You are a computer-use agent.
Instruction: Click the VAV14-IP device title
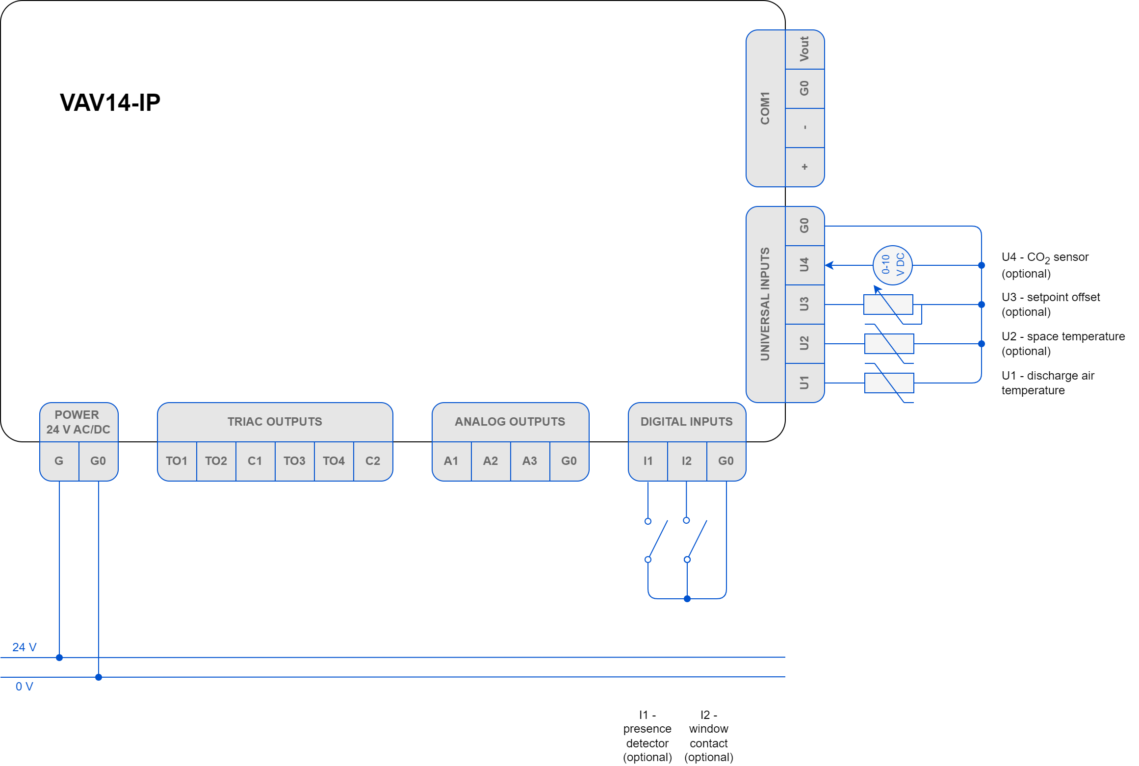click(110, 102)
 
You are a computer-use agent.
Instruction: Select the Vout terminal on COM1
click(804, 49)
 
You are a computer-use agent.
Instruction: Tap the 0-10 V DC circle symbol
click(892, 265)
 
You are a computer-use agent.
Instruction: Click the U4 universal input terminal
click(804, 265)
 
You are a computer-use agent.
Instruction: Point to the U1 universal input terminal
click(804, 383)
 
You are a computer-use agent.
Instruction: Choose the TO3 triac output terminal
click(294, 461)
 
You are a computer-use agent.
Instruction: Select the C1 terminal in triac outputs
click(255, 461)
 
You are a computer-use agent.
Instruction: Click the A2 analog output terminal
click(490, 461)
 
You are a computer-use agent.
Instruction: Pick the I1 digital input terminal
click(648, 461)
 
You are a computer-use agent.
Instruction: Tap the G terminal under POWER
click(59, 461)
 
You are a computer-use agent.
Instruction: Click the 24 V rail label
click(25, 647)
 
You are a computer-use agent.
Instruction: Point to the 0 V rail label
click(25, 687)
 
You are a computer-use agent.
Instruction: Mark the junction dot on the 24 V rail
click(59, 658)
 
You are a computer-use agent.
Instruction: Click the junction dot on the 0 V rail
click(99, 677)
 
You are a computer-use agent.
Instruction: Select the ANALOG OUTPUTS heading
click(510, 422)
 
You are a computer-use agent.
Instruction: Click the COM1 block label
click(765, 108)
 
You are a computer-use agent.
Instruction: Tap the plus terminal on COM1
click(804, 167)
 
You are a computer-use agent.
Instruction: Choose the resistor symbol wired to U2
click(889, 343)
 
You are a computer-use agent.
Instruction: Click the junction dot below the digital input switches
click(687, 599)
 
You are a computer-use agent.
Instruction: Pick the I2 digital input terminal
click(687, 461)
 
